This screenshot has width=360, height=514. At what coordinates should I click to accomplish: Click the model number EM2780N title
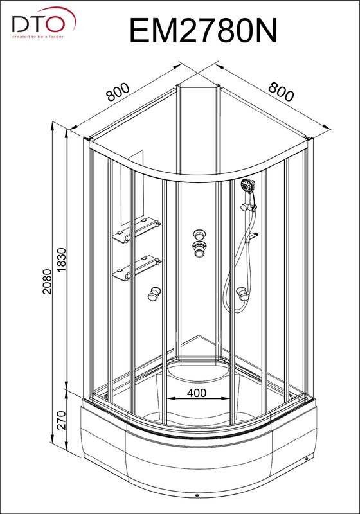(x=203, y=30)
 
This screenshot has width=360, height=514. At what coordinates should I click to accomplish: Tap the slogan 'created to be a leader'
(x=38, y=37)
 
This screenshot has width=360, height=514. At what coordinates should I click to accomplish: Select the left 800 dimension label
(x=118, y=91)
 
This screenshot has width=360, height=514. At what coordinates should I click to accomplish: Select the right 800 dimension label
(x=282, y=91)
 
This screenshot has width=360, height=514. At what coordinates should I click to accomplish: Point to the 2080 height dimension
(x=47, y=281)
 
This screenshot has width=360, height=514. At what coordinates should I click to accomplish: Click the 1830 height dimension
(x=61, y=260)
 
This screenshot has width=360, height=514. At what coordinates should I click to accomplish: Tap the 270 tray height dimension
(x=61, y=420)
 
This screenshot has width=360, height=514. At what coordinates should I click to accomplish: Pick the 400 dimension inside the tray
(x=197, y=393)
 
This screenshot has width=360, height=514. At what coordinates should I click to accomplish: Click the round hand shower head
(x=248, y=186)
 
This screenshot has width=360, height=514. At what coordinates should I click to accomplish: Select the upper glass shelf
(x=137, y=230)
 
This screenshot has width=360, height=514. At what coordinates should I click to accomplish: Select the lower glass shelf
(x=137, y=268)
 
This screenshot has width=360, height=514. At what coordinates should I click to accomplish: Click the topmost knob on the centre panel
(x=200, y=235)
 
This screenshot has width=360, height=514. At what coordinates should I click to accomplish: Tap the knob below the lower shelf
(x=154, y=294)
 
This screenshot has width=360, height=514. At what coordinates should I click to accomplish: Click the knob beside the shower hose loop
(x=242, y=294)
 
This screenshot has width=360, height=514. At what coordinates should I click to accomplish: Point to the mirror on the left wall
(x=132, y=188)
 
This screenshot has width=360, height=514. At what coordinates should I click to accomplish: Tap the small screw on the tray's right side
(x=307, y=459)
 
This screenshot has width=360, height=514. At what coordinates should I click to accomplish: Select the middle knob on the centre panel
(x=200, y=249)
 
